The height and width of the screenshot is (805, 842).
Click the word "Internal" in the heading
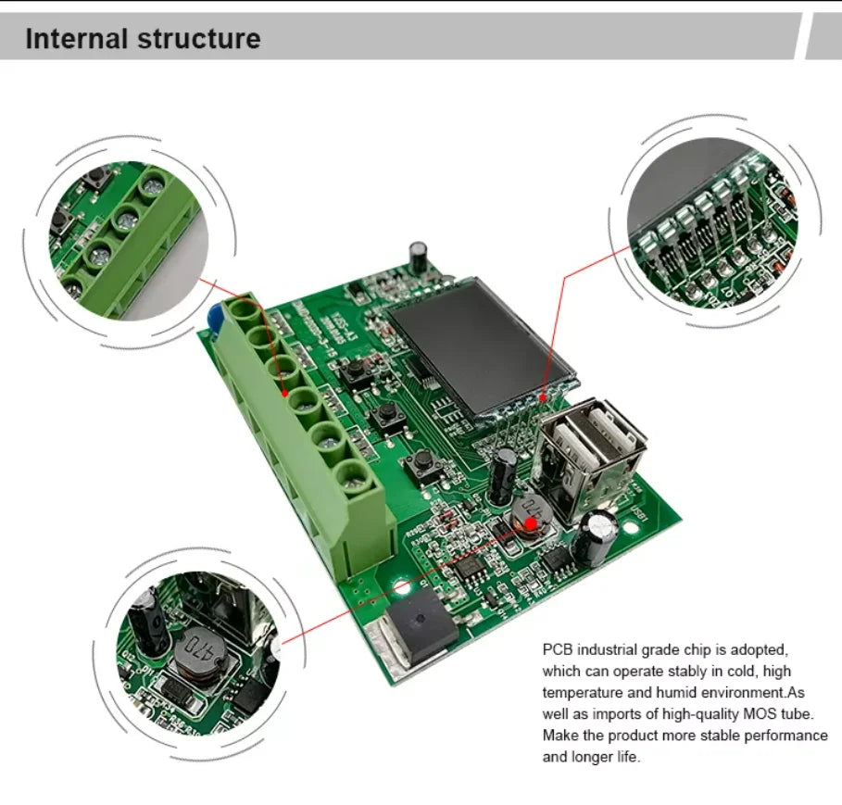[77, 39]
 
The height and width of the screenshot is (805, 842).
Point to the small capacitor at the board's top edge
[420, 255]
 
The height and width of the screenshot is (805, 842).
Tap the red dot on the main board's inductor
[529, 525]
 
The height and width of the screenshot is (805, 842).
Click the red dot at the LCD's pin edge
[543, 399]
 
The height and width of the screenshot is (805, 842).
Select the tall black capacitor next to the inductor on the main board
[504, 472]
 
